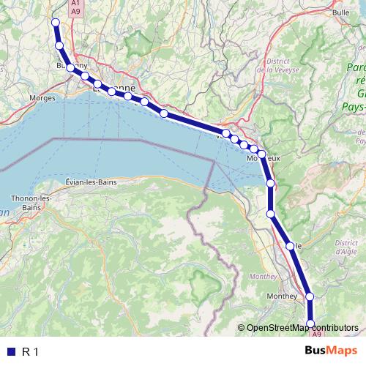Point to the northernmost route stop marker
pyautogui.click(x=55, y=22)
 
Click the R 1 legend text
pyautogui.click(x=30, y=352)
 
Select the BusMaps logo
pyautogui.click(x=331, y=351)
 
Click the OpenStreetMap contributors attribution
pyautogui.click(x=302, y=327)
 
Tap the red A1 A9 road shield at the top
pyautogui.click(x=75, y=7)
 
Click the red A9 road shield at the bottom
pyautogui.click(x=317, y=334)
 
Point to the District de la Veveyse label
pyautogui.click(x=278, y=66)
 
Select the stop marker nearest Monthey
pyautogui.click(x=310, y=296)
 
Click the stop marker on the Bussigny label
pyautogui.click(x=70, y=67)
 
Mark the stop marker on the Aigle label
pyautogui.click(x=290, y=246)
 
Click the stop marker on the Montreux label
pyautogui.click(x=261, y=154)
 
